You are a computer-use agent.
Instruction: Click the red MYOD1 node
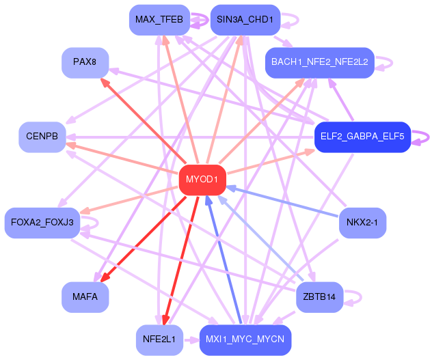point(202,180)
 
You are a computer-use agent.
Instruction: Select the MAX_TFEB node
point(159,20)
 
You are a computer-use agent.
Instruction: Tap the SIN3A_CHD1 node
point(245,20)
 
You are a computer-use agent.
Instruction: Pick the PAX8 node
point(85,63)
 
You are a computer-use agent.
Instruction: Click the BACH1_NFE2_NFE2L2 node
point(320,63)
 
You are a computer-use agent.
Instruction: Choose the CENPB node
point(42,137)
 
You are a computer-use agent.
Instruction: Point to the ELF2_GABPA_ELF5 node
point(362,137)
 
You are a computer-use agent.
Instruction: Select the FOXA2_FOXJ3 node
point(42,223)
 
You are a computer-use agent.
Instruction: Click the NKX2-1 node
point(362,223)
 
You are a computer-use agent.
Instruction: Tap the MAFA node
point(85,297)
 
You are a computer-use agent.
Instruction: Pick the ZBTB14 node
point(320,297)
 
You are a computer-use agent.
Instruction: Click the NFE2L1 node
point(159,340)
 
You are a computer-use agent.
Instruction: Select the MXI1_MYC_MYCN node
point(245,340)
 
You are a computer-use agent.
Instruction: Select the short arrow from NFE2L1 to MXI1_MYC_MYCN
point(191,340)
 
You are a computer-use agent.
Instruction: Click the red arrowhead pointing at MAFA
point(105,277)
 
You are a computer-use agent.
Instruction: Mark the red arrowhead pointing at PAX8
point(105,83)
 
